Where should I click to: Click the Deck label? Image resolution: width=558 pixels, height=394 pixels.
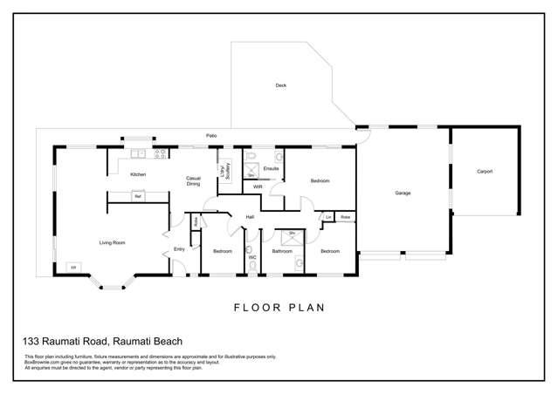(280, 85)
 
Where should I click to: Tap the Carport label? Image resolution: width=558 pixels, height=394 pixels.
(485, 172)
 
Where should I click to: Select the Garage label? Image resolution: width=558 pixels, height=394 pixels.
(403, 193)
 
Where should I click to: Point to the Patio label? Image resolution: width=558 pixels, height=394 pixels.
(211, 135)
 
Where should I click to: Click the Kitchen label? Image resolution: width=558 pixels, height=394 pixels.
(137, 175)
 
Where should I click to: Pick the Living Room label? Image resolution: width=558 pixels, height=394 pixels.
(112, 242)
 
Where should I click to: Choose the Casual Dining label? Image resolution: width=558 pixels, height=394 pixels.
(194, 181)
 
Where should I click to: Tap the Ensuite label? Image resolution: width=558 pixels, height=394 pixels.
(271, 166)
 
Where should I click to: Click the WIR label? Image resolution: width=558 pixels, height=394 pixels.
(258, 187)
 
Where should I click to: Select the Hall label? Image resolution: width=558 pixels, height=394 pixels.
(249, 216)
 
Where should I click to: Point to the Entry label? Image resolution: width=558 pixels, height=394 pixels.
(179, 249)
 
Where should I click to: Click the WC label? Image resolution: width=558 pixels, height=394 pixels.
(251, 257)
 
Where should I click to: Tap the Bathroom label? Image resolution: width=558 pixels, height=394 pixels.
(281, 251)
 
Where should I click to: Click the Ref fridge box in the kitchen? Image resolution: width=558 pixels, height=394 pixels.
(137, 197)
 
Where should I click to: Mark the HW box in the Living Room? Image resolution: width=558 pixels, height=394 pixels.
(74, 266)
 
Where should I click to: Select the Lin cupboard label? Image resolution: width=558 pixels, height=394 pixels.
(328, 216)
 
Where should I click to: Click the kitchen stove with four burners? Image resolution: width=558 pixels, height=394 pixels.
(160, 154)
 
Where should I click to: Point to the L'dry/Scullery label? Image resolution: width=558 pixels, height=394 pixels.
(225, 171)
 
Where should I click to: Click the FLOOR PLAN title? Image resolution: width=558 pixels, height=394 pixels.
(279, 307)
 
